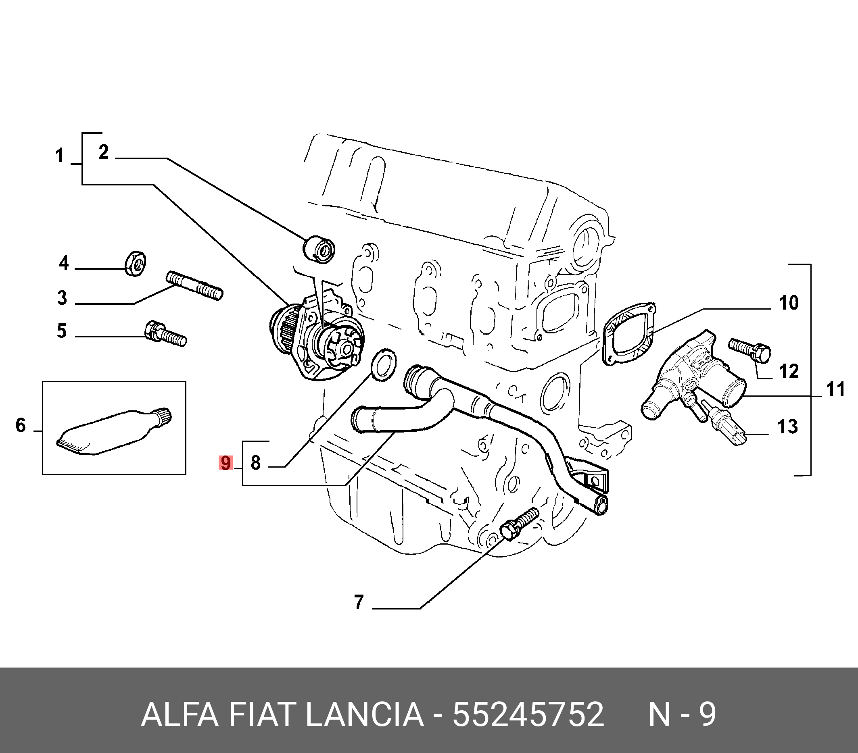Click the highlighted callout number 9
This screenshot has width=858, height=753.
pos(226,464)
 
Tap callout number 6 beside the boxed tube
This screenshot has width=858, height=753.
pos(21,425)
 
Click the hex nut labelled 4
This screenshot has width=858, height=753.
pos(136,264)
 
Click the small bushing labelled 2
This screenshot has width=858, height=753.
pos(319,249)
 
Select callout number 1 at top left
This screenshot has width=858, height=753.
pos(60,156)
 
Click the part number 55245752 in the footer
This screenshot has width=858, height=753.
pos(528,715)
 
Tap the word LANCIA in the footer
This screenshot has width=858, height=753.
pos(364,715)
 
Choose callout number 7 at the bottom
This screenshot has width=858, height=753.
pos(358,602)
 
